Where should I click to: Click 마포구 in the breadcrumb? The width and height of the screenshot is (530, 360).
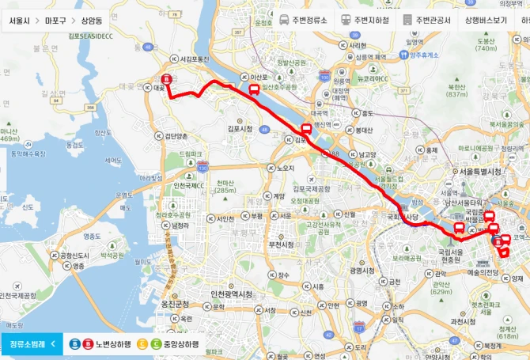[55, 18]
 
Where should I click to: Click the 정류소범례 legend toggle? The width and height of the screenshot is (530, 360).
[32, 344]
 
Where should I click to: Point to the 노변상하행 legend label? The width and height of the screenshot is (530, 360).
[111, 344]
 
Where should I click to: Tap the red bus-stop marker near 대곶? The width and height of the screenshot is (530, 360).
[166, 79]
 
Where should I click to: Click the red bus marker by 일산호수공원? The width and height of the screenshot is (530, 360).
[254, 89]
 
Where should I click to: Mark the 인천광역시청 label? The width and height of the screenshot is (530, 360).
[231, 294]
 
